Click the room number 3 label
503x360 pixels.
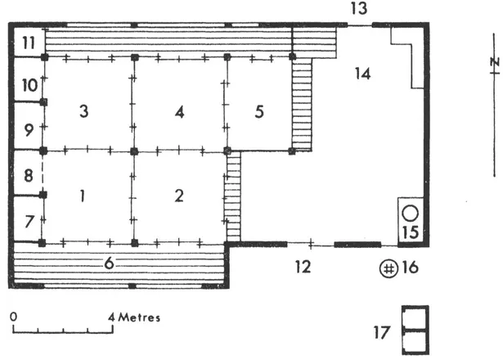pyautogui.click(x=83, y=111)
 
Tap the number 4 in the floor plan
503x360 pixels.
pyautogui.click(x=180, y=112)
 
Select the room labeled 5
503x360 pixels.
pyautogui.click(x=259, y=111)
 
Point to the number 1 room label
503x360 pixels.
pyautogui.click(x=83, y=196)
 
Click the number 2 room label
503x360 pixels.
pyautogui.click(x=179, y=196)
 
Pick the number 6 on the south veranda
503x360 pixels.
pyautogui.click(x=109, y=263)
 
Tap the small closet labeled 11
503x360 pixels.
pyautogui.click(x=29, y=43)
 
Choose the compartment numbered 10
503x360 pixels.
pyautogui.click(x=29, y=86)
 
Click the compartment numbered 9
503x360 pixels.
pyautogui.click(x=29, y=130)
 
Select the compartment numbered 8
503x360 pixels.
pyautogui.click(x=29, y=176)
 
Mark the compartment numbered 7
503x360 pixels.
pyautogui.click(x=29, y=222)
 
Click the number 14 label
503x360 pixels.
pyautogui.click(x=363, y=74)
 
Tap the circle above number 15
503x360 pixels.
pyautogui.click(x=411, y=214)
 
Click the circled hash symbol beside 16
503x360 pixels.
pyautogui.click(x=388, y=268)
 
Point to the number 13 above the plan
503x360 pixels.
pyautogui.click(x=359, y=8)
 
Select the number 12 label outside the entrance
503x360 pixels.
pyautogui.click(x=303, y=267)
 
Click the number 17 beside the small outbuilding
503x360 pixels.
pyautogui.click(x=382, y=332)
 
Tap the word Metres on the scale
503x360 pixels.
pyautogui.click(x=139, y=317)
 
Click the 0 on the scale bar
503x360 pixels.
pyautogui.click(x=13, y=317)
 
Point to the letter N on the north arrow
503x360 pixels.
pyautogui.click(x=496, y=61)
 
